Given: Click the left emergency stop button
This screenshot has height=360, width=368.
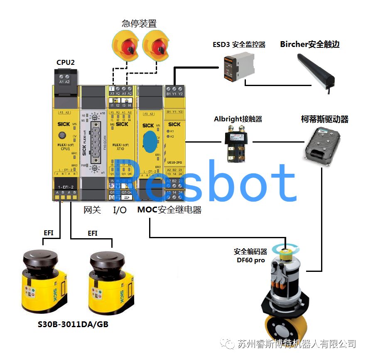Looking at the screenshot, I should [x=127, y=47].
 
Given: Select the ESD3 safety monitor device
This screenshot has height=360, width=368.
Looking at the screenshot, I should [x=237, y=65].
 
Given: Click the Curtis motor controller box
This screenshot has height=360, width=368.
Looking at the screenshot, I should [x=323, y=143].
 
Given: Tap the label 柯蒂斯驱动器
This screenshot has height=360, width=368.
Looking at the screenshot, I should [x=324, y=119].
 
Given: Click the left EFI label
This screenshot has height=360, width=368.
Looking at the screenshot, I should [x=49, y=233].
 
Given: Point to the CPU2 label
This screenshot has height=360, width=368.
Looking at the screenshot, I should [x=66, y=63].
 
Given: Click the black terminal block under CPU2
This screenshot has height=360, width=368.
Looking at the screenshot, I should [x=65, y=77].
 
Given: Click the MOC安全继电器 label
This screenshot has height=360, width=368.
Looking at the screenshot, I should [x=169, y=210].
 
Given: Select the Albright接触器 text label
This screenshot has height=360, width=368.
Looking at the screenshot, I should [x=238, y=119].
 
